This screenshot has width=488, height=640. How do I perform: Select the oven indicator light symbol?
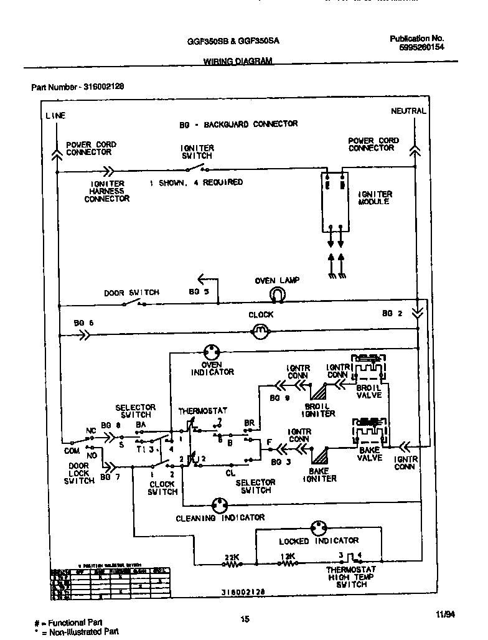click(x=212, y=352)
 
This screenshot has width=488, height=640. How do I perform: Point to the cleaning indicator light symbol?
click(x=219, y=504)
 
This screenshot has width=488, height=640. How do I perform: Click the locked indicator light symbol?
click(x=319, y=527)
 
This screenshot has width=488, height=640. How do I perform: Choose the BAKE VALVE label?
click(x=369, y=454)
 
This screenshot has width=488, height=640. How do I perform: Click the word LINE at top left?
click(x=55, y=115)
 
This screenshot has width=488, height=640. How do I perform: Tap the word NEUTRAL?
click(x=408, y=111)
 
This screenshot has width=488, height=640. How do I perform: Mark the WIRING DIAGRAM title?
click(x=238, y=61)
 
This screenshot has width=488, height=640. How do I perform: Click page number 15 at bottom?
click(x=245, y=618)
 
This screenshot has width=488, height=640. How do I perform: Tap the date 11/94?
click(x=446, y=614)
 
